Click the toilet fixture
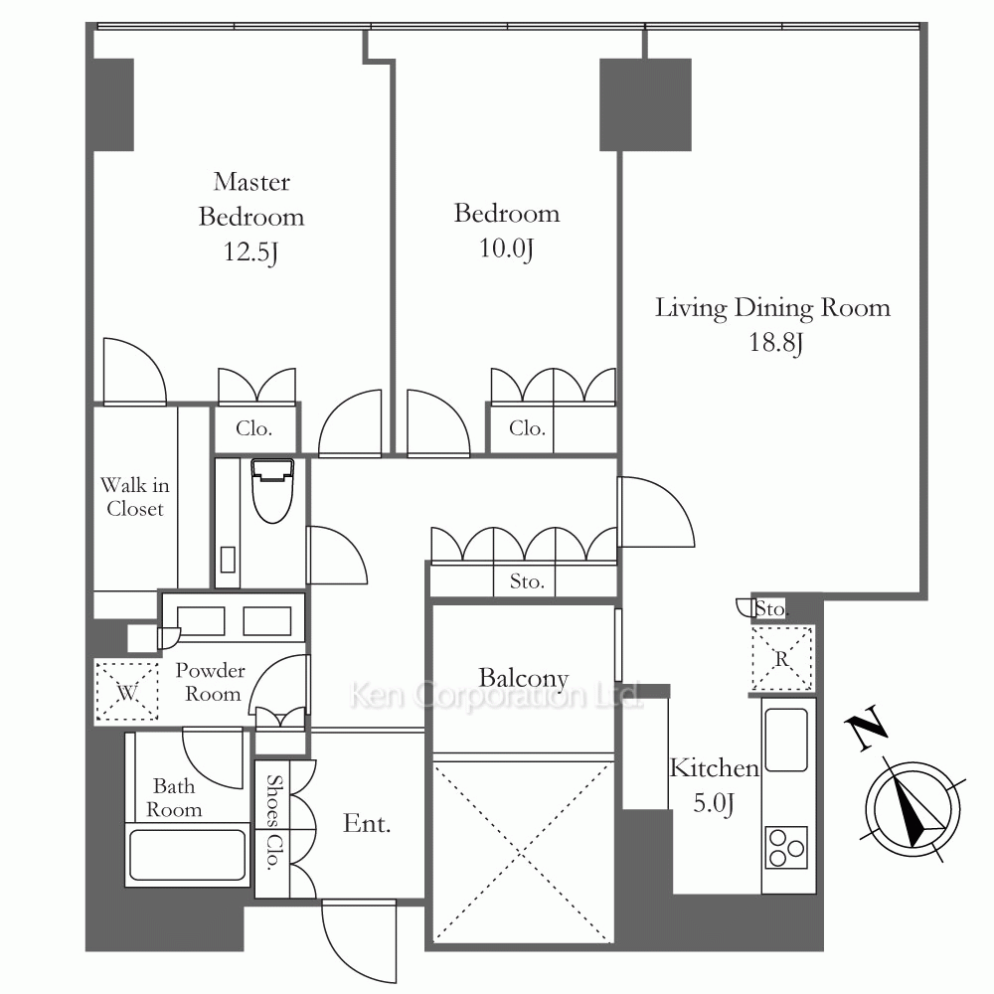(x=272, y=491)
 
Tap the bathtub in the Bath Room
(x=187, y=854)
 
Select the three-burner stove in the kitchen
(x=786, y=848)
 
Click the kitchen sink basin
(x=786, y=740)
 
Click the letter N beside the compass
(x=866, y=728)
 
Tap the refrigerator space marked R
(x=781, y=658)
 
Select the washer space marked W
(x=127, y=691)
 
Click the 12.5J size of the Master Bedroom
(x=251, y=252)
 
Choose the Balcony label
(x=523, y=678)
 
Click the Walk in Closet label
(x=135, y=497)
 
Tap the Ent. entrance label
(x=367, y=823)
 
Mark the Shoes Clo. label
(x=273, y=822)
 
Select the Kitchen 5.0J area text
(x=714, y=785)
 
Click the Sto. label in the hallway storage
(x=527, y=581)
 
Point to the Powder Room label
(x=210, y=682)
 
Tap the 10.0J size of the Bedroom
(x=506, y=248)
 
